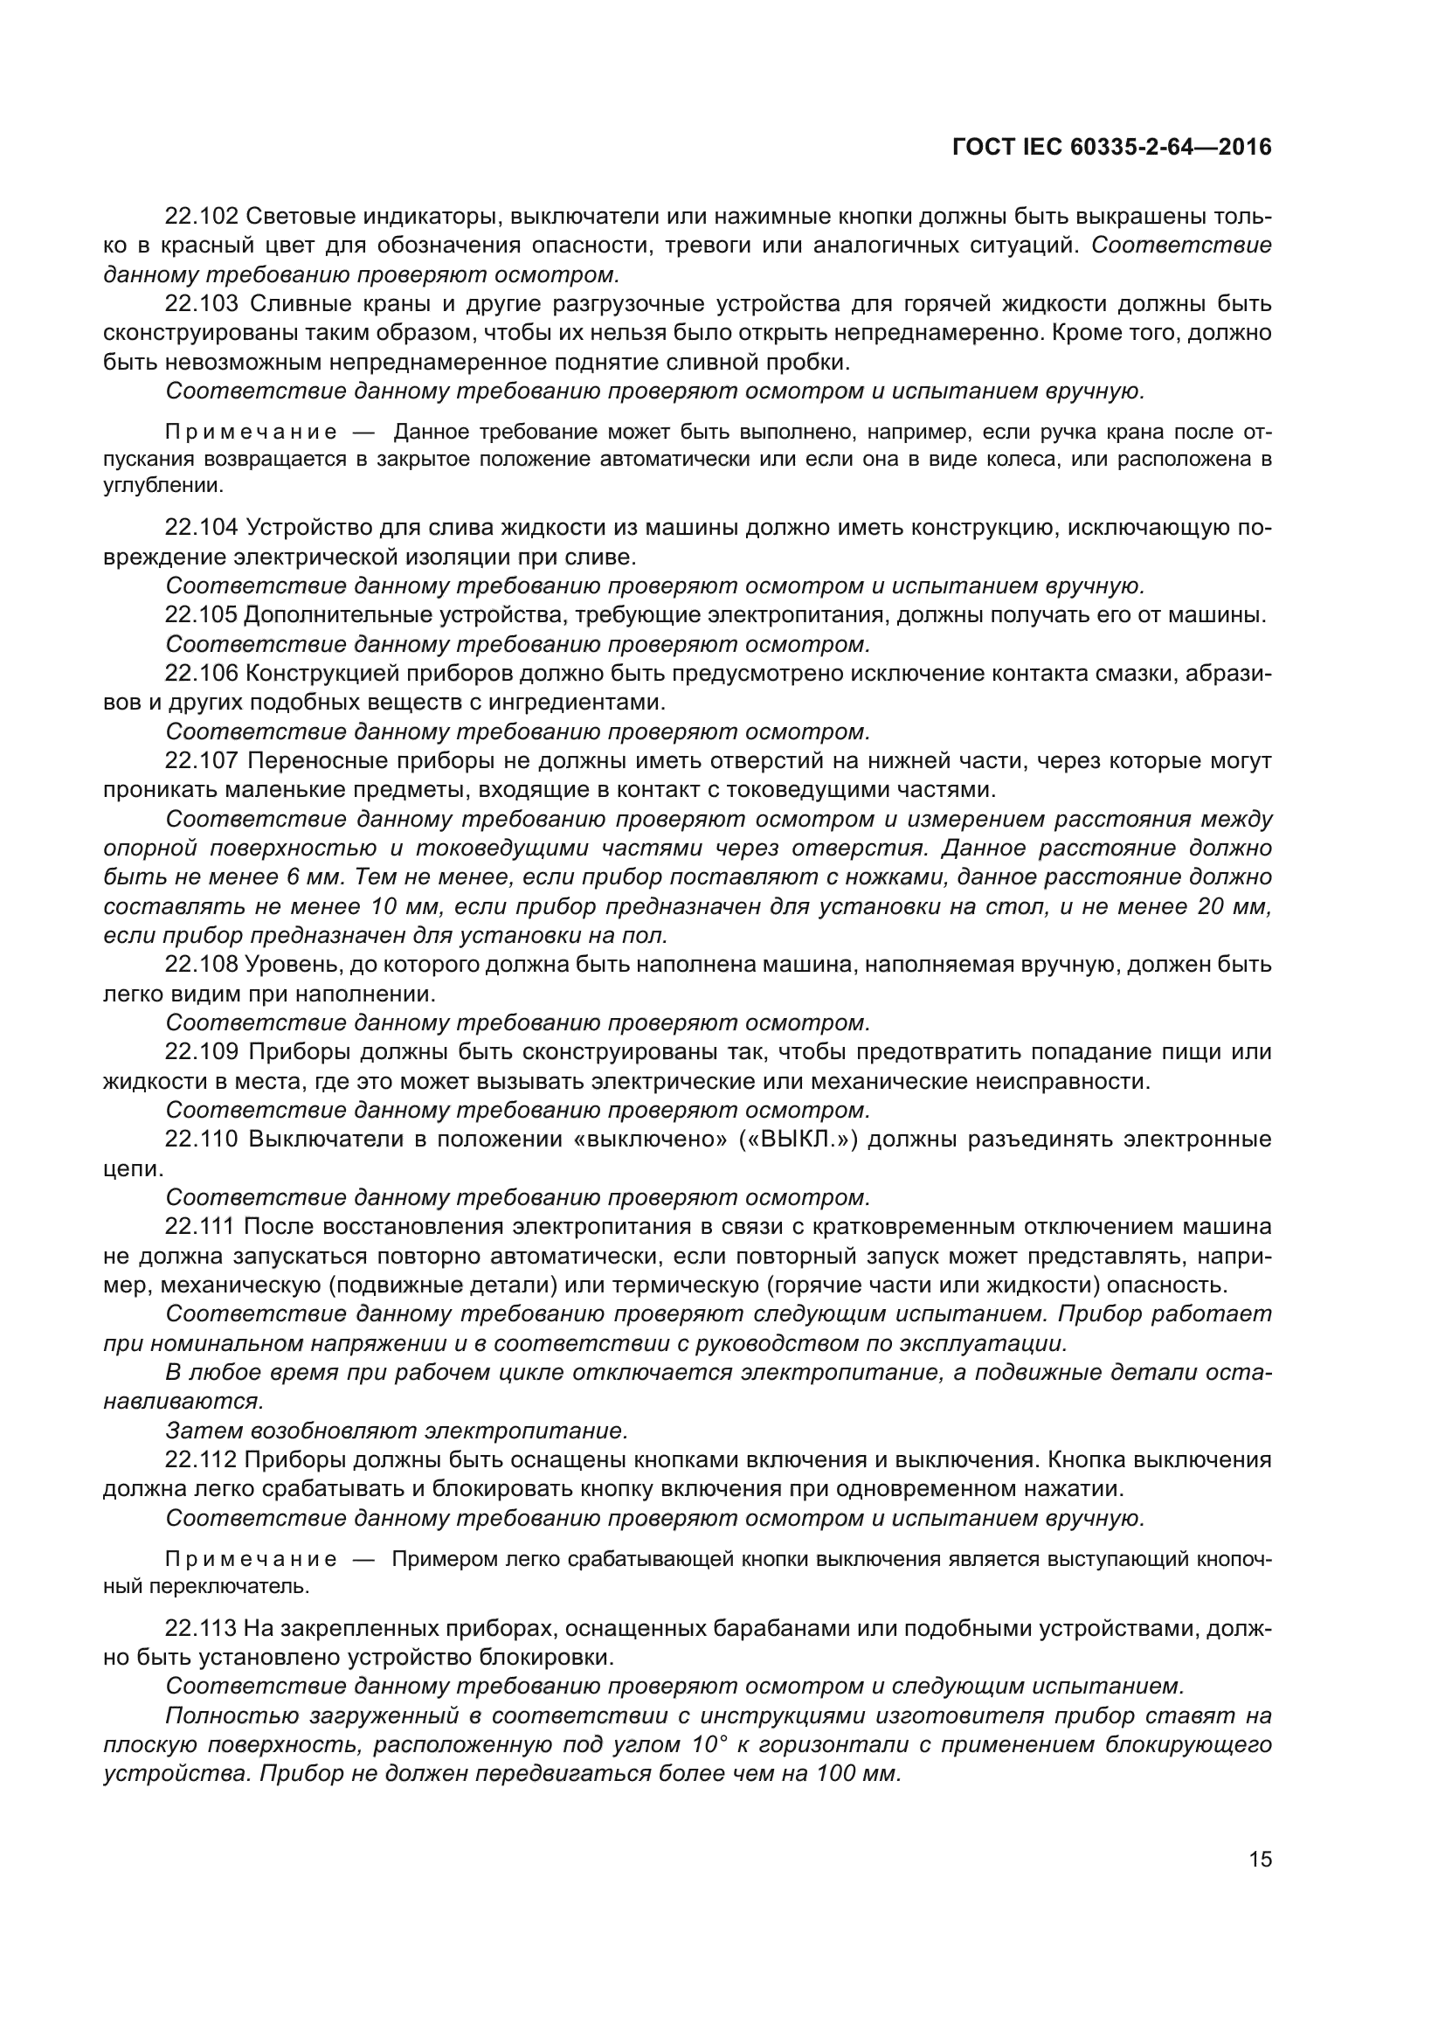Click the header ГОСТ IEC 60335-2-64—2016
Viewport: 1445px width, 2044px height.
[x=1111, y=147]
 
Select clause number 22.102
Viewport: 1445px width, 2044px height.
[x=201, y=217]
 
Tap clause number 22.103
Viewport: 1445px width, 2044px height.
[x=201, y=304]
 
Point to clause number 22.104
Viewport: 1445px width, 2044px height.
[x=201, y=528]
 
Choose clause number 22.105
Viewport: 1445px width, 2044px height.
[x=201, y=615]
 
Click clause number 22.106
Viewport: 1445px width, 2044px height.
[x=201, y=674]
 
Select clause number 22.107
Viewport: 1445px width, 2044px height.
[x=201, y=761]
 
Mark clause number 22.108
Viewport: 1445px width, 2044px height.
[x=201, y=965]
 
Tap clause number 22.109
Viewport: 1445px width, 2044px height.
[x=201, y=1052]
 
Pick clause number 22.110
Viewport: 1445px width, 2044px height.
[x=201, y=1140]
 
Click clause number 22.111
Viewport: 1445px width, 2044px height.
[x=201, y=1227]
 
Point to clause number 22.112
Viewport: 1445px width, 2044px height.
[x=201, y=1460]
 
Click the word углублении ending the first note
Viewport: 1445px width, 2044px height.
[x=162, y=486]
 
